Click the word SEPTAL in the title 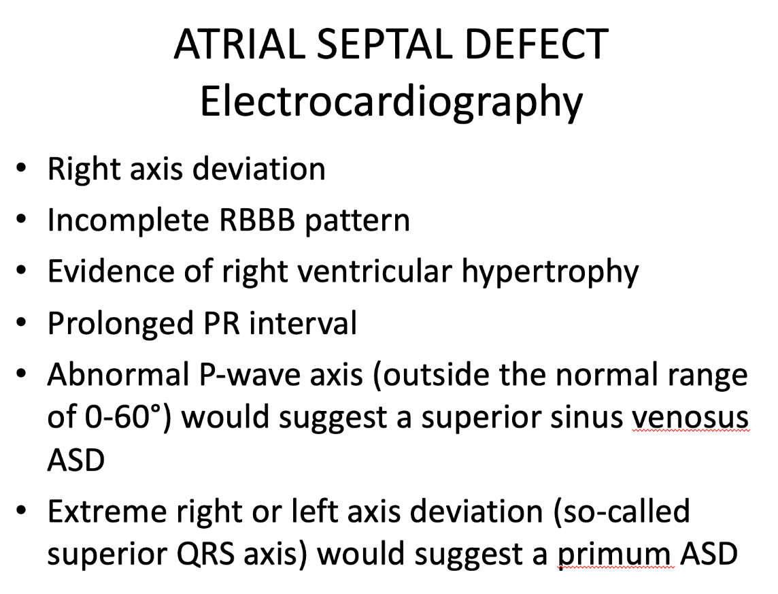point(384,44)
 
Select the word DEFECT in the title point(537,44)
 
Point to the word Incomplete point(128,221)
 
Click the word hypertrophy point(549,273)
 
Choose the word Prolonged point(120,325)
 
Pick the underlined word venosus point(690,418)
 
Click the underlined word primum point(615,555)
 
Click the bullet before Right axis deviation point(21,169)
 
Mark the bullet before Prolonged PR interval point(21,323)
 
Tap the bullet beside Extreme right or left point(21,510)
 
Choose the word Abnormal point(118,375)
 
